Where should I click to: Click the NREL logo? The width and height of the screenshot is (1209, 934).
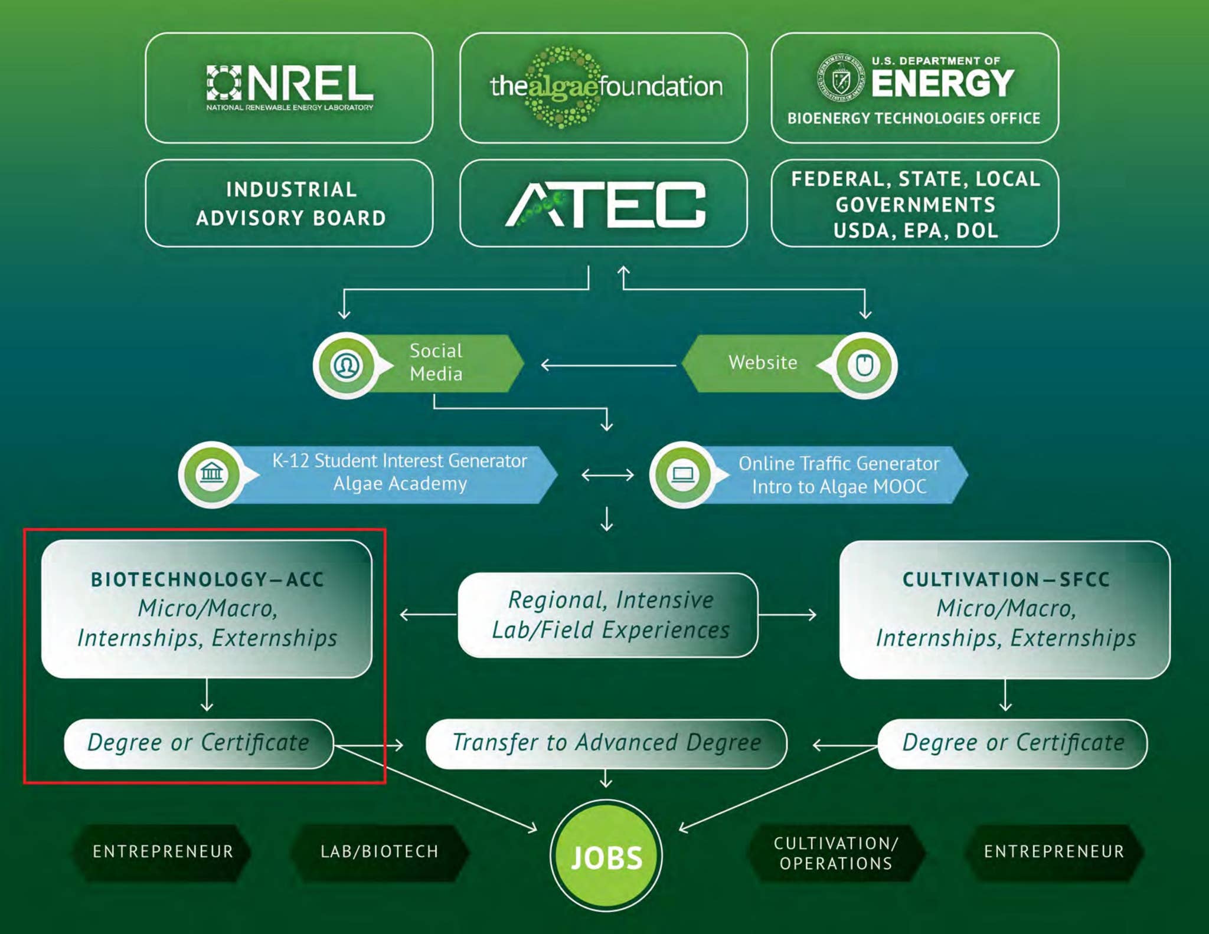289,87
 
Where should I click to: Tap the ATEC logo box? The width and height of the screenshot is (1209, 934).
603,204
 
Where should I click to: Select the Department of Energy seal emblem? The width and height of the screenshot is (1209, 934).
840,78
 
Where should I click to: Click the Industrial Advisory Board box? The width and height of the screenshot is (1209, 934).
289,204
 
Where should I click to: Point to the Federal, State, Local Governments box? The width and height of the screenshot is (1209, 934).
914,204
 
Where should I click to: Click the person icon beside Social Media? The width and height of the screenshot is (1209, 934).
347,366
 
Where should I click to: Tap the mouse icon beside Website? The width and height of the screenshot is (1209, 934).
864,366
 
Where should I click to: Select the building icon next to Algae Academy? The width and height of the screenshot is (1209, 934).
211,474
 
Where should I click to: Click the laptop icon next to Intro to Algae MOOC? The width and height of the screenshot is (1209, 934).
683,474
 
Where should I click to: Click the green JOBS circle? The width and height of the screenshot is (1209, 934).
606,856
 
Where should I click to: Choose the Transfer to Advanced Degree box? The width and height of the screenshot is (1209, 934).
606,743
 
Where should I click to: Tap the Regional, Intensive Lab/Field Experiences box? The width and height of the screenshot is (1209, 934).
608,615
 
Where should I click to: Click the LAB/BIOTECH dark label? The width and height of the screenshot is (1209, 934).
380,852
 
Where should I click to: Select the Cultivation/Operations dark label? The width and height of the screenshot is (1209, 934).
836,853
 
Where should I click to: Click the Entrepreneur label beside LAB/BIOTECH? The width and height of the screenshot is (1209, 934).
163,852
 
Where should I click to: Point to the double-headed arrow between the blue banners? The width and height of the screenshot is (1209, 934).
607,475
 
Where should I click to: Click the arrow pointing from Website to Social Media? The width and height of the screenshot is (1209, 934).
608,366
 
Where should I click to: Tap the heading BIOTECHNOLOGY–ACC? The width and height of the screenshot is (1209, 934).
207,579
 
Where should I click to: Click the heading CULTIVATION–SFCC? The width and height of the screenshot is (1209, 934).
1006,579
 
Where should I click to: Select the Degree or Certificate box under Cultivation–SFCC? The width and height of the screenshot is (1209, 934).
1013,743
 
